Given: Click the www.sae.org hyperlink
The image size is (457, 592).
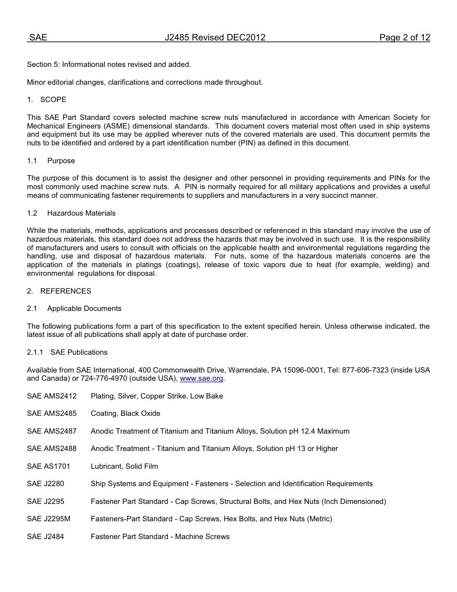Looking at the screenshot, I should point(202,379).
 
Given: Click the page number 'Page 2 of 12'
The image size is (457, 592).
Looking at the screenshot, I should point(404,38).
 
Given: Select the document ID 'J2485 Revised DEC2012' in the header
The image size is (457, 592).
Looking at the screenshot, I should point(215,38).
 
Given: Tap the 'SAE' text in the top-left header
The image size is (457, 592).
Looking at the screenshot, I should point(38,38).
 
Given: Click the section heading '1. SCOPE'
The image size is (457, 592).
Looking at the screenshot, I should point(47,100).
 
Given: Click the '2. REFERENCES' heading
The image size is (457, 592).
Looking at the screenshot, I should point(59,291).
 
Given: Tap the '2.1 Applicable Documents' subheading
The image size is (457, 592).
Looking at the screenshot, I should point(74,309).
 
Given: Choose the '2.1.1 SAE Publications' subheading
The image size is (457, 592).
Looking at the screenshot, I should point(67,352).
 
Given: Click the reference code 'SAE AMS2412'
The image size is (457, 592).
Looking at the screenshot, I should point(51,396).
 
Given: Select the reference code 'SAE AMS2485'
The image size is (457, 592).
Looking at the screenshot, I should point(51,413).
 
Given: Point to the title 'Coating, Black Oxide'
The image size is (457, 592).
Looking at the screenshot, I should point(126,413).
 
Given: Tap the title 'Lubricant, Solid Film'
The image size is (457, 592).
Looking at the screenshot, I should point(124,466).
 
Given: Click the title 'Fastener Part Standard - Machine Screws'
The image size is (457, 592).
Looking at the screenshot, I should point(160,537).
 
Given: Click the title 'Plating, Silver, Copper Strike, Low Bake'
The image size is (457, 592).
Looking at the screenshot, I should point(157,396).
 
